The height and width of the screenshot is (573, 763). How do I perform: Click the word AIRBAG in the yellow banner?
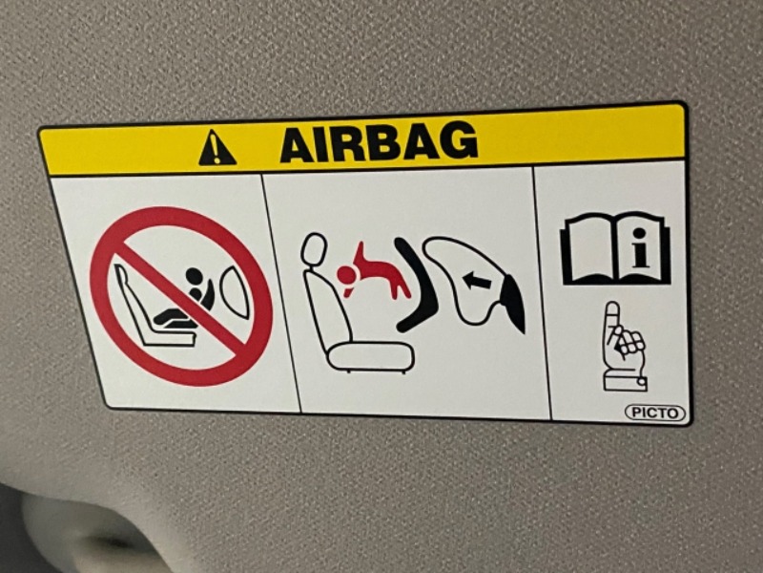tap(379, 141)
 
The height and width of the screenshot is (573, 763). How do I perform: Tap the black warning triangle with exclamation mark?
tap(217, 148)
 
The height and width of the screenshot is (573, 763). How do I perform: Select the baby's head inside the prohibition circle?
tap(194, 276)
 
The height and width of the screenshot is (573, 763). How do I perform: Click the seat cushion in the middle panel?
tap(370, 357)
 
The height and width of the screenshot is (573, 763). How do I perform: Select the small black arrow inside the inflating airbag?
tap(477, 280)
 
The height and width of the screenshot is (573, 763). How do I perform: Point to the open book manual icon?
tap(616, 248)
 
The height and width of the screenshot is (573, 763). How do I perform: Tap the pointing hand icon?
tap(625, 347)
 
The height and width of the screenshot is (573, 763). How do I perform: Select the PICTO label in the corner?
tap(655, 414)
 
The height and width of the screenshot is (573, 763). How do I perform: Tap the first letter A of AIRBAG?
tap(298, 145)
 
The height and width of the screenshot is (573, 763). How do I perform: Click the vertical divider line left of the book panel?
tap(542, 292)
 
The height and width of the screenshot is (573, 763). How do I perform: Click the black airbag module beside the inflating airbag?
tap(513, 303)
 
